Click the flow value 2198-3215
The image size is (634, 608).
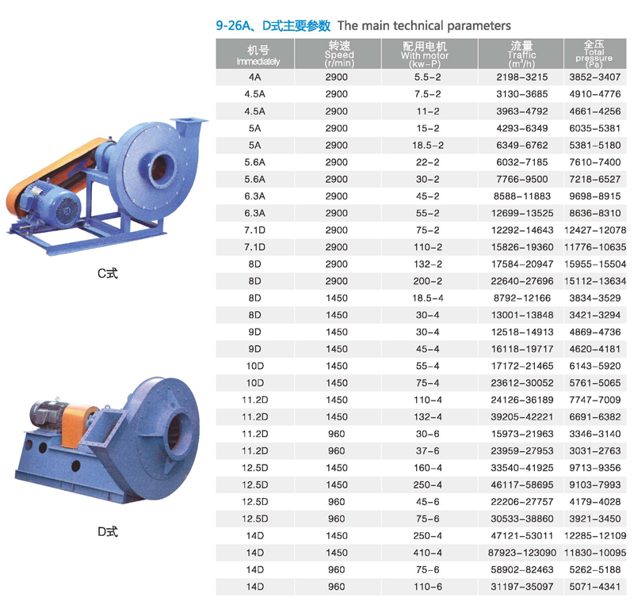[x=522, y=77]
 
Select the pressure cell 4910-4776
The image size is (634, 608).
[x=595, y=94]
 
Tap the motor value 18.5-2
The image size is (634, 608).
[x=428, y=145]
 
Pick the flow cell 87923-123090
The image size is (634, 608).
[x=522, y=553]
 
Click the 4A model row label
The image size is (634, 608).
[x=254, y=77]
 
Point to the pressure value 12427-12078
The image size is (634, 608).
[x=595, y=230]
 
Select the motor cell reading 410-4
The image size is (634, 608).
[x=428, y=553]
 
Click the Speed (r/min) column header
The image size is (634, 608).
[x=339, y=54]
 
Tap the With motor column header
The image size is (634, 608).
[x=425, y=54]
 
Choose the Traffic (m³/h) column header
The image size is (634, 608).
[x=521, y=54]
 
